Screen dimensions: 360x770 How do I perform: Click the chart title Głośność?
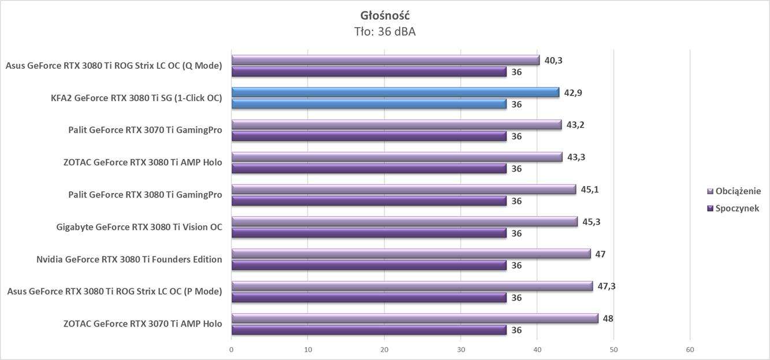coord(385,15)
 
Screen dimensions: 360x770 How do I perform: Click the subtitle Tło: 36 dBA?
coord(385,32)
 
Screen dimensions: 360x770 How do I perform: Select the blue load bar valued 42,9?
coord(395,92)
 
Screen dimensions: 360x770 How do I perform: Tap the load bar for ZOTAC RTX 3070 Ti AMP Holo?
coord(414,318)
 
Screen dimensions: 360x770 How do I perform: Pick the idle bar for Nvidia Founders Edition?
coord(369,265)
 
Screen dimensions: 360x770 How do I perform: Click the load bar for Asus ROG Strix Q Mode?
coord(385,60)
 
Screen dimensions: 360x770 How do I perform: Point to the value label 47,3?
coord(606,286)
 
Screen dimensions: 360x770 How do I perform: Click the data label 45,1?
coord(589,189)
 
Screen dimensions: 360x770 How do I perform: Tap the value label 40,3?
coord(553,60)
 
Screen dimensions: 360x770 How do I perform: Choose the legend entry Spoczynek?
coord(737,208)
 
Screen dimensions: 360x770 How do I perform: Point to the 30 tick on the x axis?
coord(461,350)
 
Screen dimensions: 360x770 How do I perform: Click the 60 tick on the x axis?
coord(690,350)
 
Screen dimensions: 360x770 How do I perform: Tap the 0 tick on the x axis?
coord(232,350)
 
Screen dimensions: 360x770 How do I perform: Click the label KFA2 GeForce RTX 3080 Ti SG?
coord(136,98)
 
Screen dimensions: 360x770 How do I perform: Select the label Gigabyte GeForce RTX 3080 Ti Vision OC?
coord(139,227)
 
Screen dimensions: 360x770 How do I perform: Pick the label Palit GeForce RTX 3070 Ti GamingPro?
coord(145,130)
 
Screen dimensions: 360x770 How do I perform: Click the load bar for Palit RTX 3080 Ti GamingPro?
coord(403,190)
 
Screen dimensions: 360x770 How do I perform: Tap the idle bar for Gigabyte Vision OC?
coord(369,233)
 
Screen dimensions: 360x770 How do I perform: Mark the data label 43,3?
coord(575,157)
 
